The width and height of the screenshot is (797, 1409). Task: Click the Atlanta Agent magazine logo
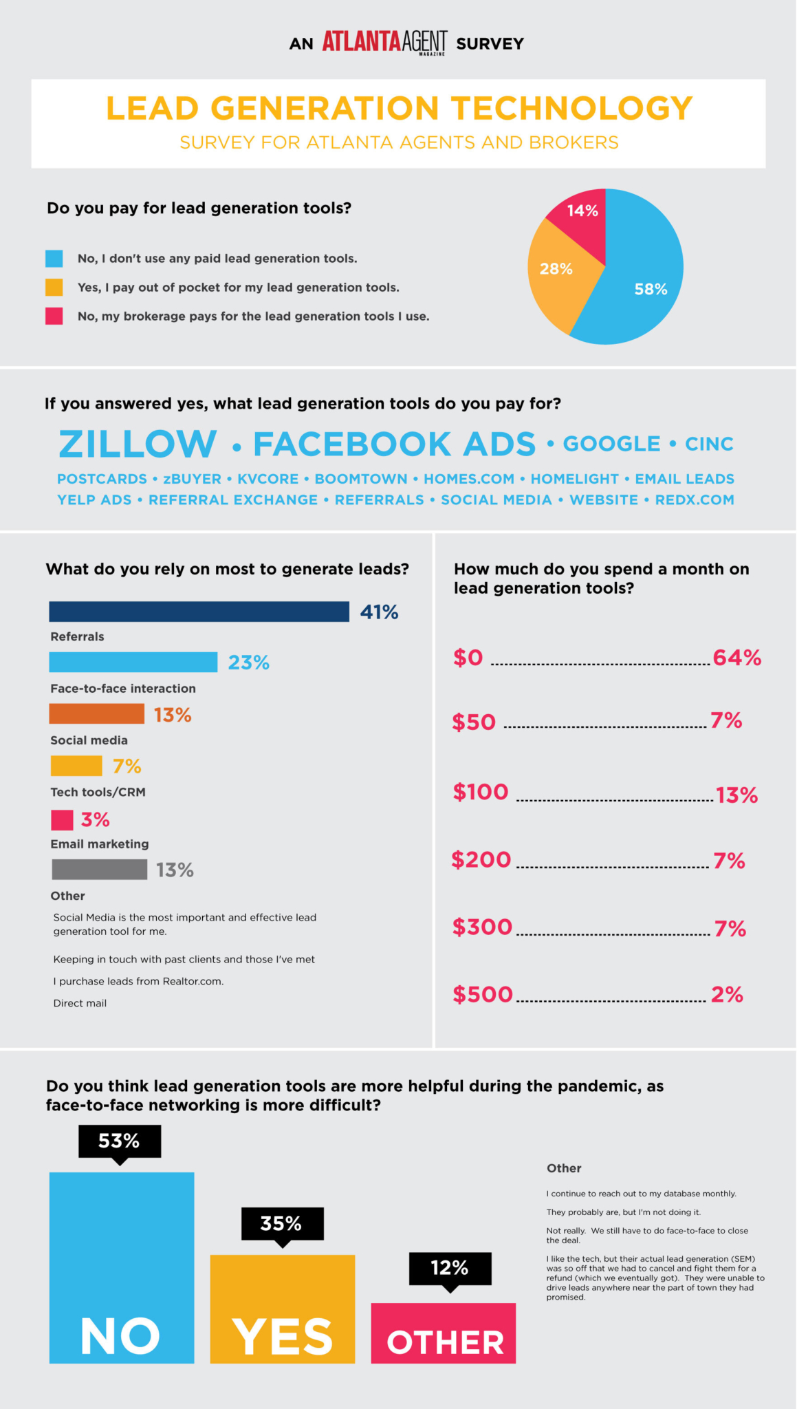(x=384, y=42)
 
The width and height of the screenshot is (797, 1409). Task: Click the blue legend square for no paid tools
(x=54, y=259)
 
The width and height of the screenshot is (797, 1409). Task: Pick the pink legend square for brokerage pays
(x=54, y=316)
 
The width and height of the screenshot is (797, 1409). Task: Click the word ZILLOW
(x=138, y=444)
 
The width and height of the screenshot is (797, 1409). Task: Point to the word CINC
(x=709, y=444)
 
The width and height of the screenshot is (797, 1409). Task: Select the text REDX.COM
(x=695, y=500)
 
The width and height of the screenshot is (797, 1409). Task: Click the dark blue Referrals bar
(x=199, y=612)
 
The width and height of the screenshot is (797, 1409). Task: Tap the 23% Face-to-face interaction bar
(x=133, y=663)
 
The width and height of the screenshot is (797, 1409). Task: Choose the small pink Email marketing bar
(x=62, y=820)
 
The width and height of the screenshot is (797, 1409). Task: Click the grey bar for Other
(x=99, y=870)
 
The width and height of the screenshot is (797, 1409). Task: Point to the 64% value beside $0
(x=737, y=658)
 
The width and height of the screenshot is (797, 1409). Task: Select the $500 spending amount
(x=483, y=995)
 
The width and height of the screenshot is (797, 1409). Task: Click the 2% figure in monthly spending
(x=727, y=995)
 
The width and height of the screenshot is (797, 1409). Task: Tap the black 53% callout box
(x=120, y=1141)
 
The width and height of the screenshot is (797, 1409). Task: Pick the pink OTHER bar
(x=444, y=1333)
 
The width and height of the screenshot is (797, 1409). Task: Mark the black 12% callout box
(x=450, y=1268)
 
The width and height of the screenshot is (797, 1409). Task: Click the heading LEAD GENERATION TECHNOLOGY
(x=399, y=109)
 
